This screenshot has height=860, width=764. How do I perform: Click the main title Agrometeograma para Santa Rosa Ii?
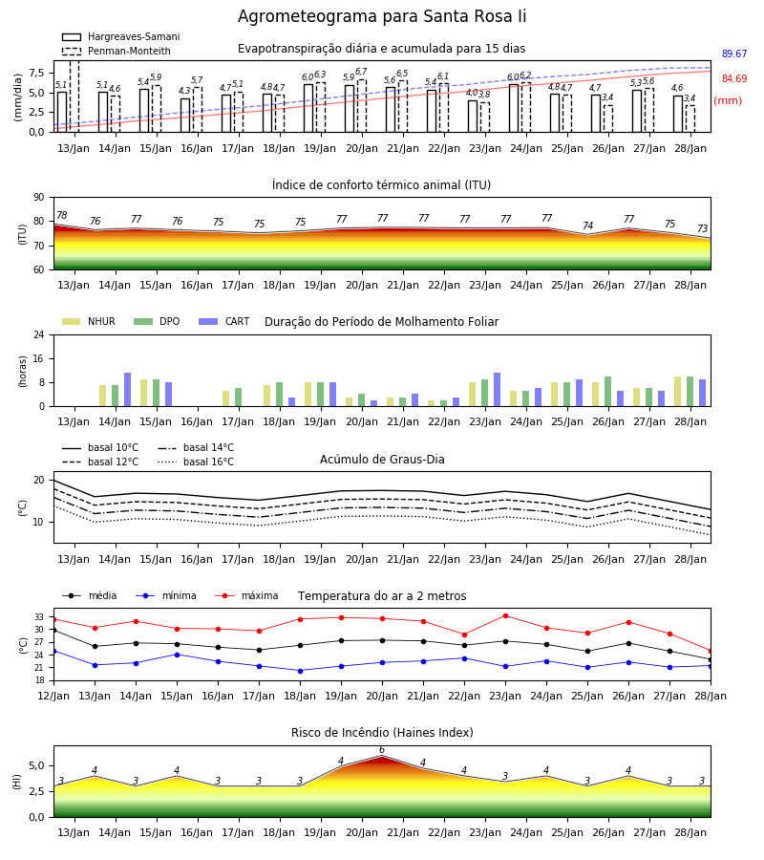[382, 16]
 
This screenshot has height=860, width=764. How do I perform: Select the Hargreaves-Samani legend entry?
[120, 36]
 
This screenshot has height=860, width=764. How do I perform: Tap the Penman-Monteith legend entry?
[117, 51]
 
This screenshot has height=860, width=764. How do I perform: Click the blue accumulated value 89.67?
[734, 54]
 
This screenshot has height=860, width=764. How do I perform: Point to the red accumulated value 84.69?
[734, 78]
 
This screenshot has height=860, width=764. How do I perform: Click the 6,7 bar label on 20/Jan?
[361, 72]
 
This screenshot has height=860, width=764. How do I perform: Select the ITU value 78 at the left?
[62, 216]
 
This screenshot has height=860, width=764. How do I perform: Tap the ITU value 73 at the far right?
[702, 228]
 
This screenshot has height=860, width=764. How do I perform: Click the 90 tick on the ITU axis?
[38, 198]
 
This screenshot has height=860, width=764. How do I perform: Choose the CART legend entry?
[224, 321]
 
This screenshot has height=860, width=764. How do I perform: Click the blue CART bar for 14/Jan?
[127, 390]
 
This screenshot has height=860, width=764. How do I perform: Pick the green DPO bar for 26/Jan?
[607, 392]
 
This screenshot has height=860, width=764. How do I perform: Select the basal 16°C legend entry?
[196, 462]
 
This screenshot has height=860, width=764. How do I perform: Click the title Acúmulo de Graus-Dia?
[382, 460]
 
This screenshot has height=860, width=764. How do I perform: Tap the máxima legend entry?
[246, 595]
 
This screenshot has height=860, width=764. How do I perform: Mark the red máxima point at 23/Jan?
[505, 616]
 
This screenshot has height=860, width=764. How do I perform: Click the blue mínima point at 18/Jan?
[300, 671]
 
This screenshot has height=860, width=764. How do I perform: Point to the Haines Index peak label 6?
[382, 750]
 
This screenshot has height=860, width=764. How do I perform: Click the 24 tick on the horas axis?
[38, 334]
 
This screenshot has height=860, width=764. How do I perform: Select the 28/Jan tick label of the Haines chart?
[690, 832]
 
